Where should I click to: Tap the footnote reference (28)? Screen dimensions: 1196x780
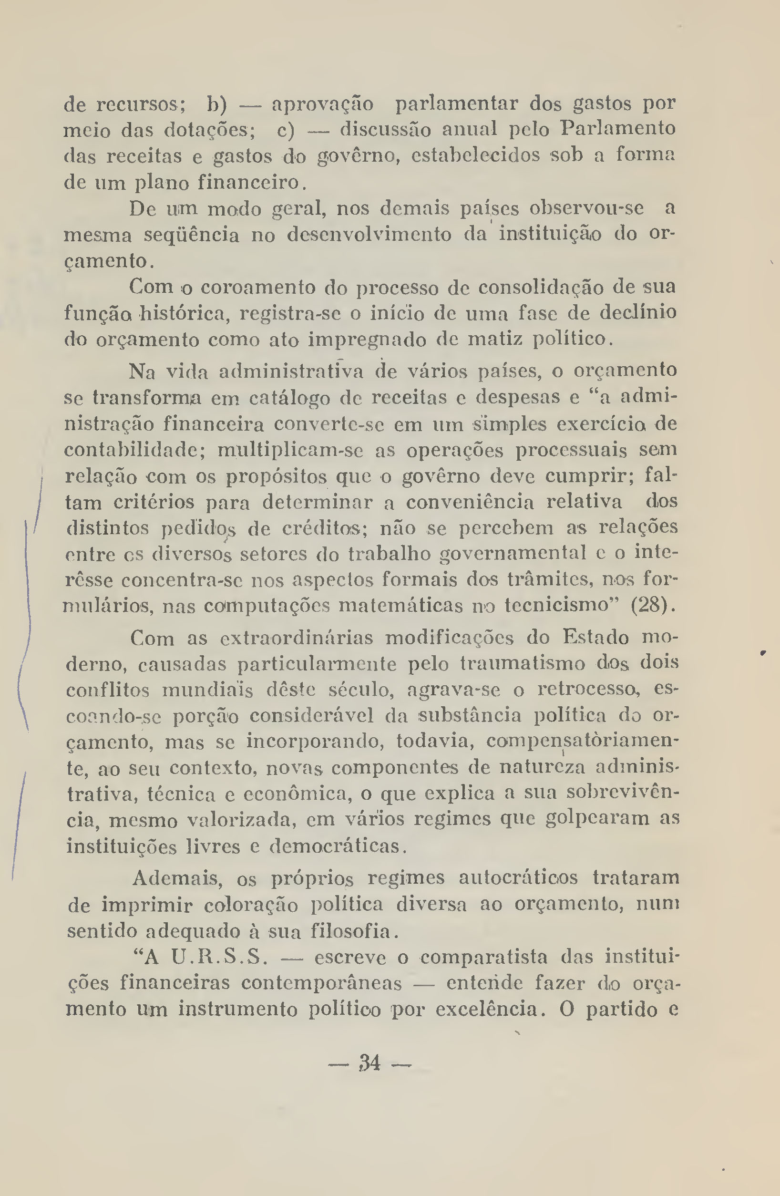point(652,605)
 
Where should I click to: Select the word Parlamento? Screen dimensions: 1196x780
point(618,129)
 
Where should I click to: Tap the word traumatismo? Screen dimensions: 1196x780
point(523,664)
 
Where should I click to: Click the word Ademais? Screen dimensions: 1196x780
point(178,878)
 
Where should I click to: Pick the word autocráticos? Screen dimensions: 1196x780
point(518,878)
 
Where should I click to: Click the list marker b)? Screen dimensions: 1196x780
point(217,104)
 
